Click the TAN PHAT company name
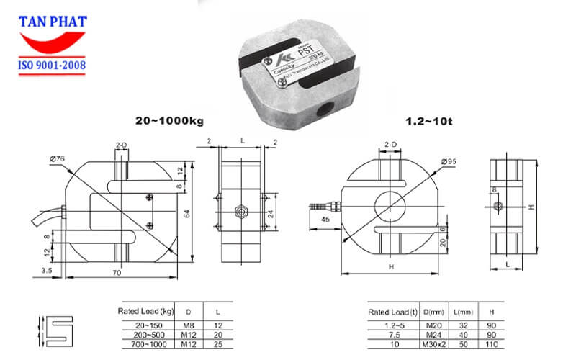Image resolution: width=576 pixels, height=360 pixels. click(x=51, y=22)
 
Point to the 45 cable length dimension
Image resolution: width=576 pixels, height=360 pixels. click(x=326, y=220)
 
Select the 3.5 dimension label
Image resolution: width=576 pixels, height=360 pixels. click(x=46, y=270)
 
